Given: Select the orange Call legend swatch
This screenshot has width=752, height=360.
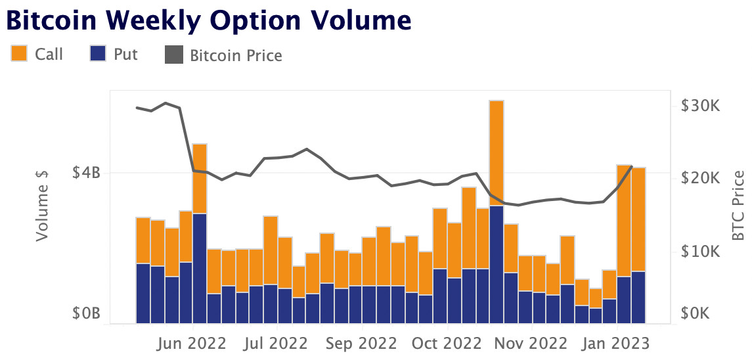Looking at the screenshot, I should (18, 54).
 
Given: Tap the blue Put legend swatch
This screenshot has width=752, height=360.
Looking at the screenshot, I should (98, 54).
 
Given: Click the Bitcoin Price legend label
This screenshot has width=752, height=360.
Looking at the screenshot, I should (236, 56).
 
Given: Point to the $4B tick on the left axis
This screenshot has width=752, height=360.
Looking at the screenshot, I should (85, 173).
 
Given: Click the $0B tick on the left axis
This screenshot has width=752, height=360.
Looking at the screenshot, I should (85, 313).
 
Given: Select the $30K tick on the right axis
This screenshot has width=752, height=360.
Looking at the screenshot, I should (701, 106).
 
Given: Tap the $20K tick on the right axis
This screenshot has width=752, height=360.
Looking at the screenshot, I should (701, 179).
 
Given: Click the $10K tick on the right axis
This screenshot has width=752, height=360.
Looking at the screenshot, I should (701, 252).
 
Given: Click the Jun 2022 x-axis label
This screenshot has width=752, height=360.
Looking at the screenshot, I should (193, 343).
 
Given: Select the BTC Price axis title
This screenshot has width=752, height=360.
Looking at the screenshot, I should (739, 206).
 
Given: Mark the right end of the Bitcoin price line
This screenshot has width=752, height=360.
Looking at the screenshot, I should (631, 167).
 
